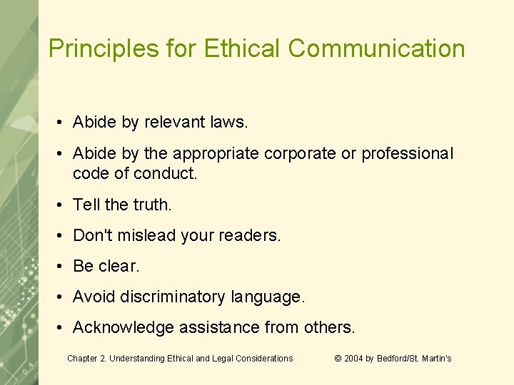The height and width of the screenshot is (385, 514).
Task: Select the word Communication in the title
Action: [x=377, y=48]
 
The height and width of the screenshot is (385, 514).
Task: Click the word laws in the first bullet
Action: [x=230, y=123]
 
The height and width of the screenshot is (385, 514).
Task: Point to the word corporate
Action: [x=311, y=154]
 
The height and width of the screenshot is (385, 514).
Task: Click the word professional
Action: [x=408, y=154]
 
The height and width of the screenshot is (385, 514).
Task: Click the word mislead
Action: [x=146, y=235]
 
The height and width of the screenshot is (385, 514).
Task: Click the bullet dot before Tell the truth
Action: [x=63, y=205]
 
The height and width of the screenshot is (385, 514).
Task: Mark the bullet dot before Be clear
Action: [x=63, y=267]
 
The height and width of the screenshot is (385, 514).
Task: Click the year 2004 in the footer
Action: [x=354, y=359]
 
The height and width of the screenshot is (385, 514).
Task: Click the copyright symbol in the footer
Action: [x=338, y=359]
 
